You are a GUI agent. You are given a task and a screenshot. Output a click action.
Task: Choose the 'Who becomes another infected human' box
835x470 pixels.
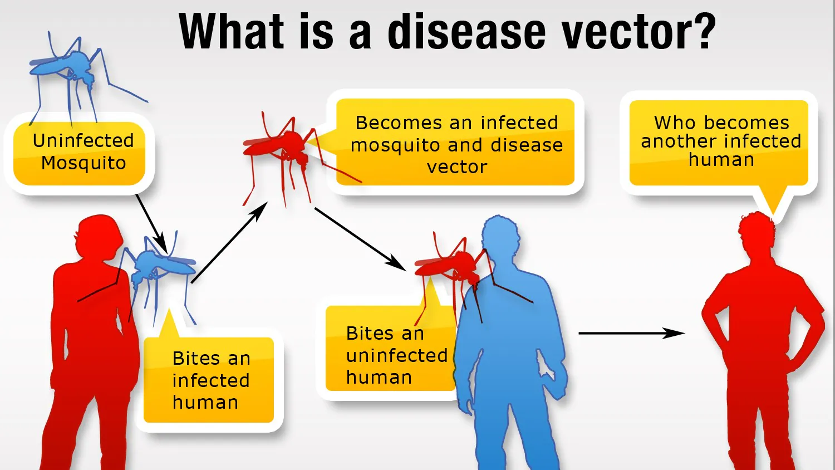pos(719,141)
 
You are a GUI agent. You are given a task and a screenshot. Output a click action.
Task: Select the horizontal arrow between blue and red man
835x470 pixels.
pos(631,333)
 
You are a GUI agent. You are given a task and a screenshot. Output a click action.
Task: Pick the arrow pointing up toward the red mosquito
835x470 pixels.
pos(229,243)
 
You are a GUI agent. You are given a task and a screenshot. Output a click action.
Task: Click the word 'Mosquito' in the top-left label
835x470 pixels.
pos(83,163)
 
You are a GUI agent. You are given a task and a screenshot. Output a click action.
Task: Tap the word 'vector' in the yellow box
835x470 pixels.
pos(456,167)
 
